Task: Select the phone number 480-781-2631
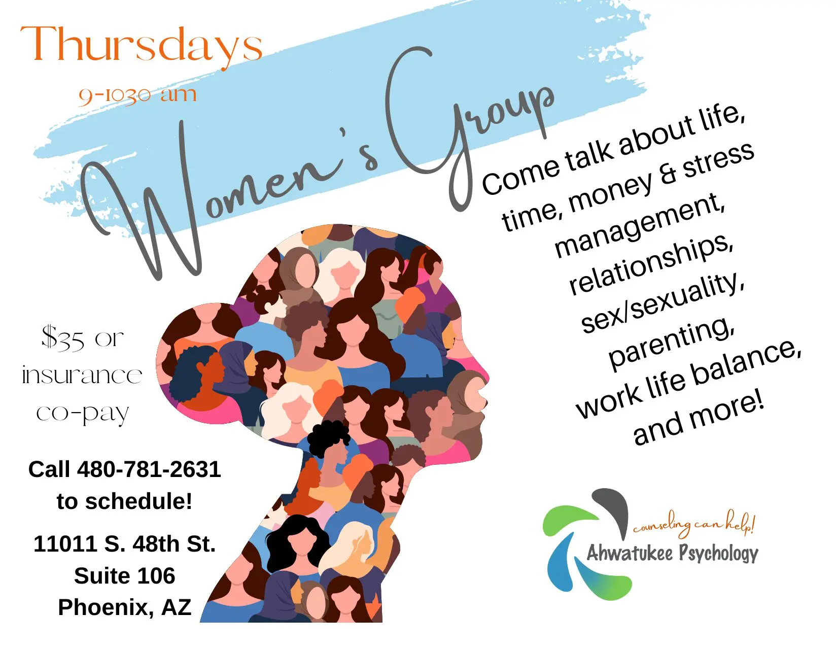149,469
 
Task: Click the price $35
63,338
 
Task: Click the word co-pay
82,414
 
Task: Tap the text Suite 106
124,576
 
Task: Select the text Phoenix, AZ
124,608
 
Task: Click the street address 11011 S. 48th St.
124,543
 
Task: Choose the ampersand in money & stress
668,174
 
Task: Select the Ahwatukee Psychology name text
673,554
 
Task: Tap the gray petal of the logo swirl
612,510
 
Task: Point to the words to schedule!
124,501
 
